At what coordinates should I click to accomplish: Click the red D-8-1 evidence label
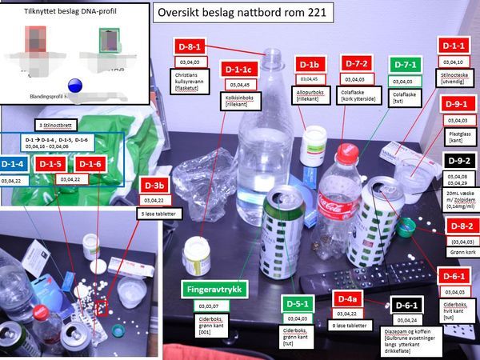[x=194, y=47]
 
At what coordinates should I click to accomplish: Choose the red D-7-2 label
[x=354, y=64]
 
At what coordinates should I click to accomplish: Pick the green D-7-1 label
[x=405, y=65]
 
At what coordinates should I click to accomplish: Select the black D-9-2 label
[x=453, y=161]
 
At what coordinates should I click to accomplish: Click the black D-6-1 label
[x=406, y=306]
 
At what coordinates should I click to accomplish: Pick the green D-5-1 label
[x=297, y=305]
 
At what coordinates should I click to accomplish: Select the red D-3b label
[x=156, y=186]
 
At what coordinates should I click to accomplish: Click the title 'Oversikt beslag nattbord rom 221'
[x=242, y=14]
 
